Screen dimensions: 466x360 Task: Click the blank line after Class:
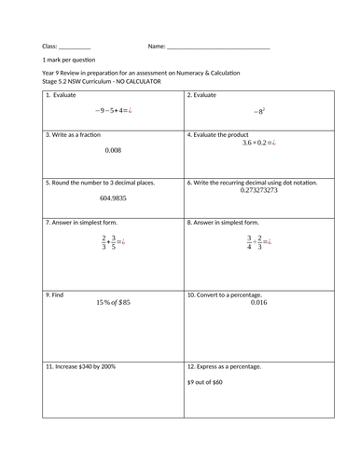(75, 47)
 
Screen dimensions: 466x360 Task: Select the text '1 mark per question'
(64, 60)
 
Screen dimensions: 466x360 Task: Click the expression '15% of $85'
(113, 303)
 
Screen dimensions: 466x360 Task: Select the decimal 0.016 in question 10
(258, 303)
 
